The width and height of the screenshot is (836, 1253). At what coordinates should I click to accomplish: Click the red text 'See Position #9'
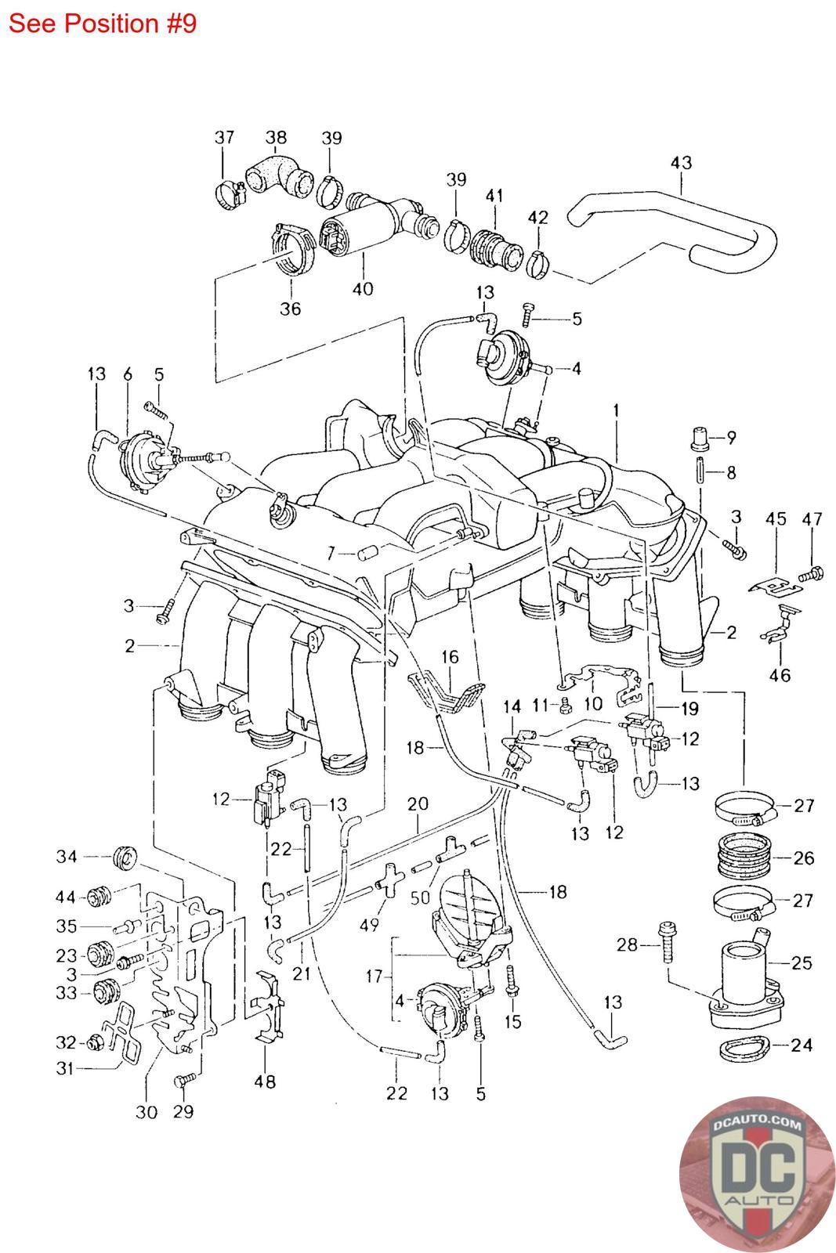click(103, 24)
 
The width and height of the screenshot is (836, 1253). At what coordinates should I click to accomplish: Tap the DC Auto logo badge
click(755, 1174)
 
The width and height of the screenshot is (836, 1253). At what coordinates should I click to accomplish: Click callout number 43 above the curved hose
click(681, 163)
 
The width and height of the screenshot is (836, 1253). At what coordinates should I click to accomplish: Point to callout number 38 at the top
click(276, 137)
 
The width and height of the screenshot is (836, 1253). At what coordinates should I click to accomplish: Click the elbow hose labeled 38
click(278, 175)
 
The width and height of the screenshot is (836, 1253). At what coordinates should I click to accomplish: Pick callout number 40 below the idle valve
click(363, 289)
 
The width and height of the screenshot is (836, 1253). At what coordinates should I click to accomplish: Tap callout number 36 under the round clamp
click(290, 309)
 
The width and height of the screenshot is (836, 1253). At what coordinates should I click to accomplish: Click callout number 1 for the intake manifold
click(616, 410)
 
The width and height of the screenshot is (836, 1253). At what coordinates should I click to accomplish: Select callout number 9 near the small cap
click(731, 438)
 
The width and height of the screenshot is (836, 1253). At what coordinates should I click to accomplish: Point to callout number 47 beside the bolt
click(812, 519)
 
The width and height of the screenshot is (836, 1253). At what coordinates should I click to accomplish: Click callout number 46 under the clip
click(780, 675)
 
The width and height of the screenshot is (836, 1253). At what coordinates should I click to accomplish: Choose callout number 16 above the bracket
click(450, 657)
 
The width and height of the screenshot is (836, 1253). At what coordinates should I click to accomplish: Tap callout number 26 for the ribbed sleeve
click(804, 858)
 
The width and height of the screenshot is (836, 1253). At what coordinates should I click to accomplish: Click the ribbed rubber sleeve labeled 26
click(745, 855)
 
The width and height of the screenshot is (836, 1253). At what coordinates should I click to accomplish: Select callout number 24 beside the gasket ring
click(801, 1045)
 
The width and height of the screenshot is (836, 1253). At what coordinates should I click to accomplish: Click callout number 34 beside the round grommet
click(67, 857)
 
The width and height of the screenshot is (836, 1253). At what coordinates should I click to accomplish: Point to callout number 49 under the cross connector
click(369, 925)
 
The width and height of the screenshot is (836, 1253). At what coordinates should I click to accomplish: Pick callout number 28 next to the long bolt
click(628, 944)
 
